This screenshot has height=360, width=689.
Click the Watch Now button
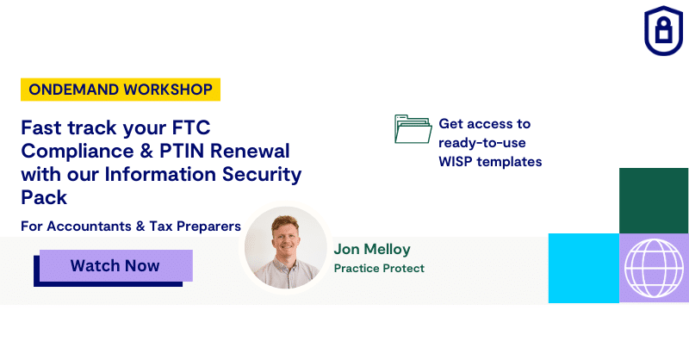coord(116,265)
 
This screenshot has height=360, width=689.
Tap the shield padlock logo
coord(663,30)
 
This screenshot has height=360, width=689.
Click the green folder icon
coord(413,129)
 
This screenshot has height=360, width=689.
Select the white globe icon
coord(654,268)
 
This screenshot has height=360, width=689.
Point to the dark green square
coord(654,201)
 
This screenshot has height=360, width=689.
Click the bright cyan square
coord(584,268)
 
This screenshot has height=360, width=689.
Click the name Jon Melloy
coord(372,249)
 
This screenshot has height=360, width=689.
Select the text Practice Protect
coord(379,268)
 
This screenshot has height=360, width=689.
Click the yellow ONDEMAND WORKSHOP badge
coord(121,90)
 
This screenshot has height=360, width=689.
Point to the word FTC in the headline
coord(191,128)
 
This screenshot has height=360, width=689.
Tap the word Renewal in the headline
coord(250,152)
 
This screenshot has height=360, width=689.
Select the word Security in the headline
coord(262,175)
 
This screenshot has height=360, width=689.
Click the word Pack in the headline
coord(44,197)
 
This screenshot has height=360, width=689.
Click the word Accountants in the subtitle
coord(90,226)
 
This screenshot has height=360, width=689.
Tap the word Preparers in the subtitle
coord(208,227)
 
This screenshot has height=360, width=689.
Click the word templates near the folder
coord(509,162)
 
